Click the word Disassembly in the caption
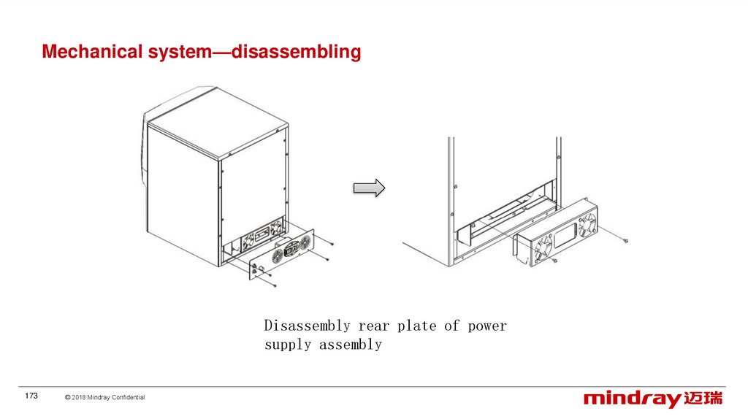pyautogui.click(x=307, y=326)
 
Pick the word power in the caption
pyautogui.click(x=487, y=326)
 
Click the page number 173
pyautogui.click(x=31, y=396)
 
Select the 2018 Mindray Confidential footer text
pyautogui.click(x=104, y=397)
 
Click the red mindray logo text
pyautogui.click(x=631, y=399)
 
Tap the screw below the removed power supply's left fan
pyautogui.click(x=554, y=261)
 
